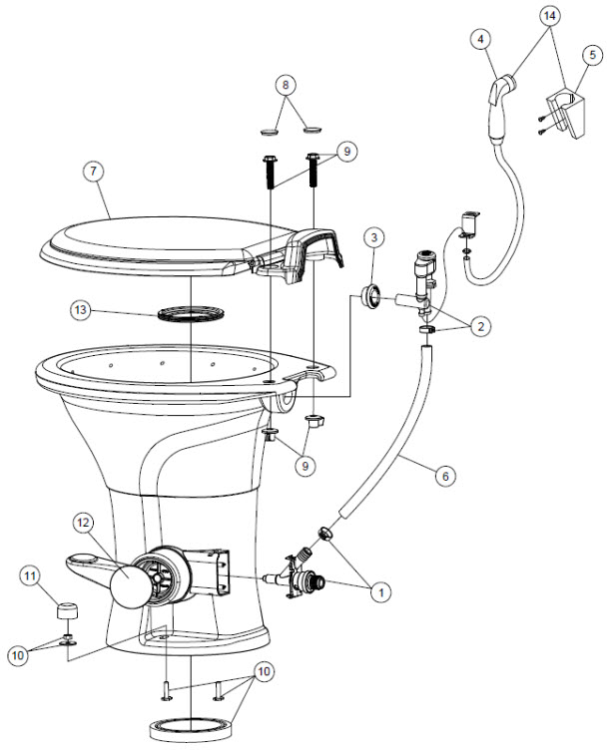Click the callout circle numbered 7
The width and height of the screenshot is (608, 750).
point(94,172)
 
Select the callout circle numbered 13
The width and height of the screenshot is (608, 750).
point(81,310)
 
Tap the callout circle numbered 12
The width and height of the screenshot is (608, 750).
point(83,523)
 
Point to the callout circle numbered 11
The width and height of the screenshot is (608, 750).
point(31,575)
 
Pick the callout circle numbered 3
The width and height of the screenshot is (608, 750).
point(374,237)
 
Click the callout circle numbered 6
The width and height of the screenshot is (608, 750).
point(445,477)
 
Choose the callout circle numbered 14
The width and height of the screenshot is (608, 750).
point(550,16)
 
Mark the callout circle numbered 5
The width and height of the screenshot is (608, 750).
point(593,55)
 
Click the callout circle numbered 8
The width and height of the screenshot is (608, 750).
point(286,86)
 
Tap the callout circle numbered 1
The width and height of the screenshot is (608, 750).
point(381,593)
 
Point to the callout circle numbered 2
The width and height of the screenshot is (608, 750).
point(480,327)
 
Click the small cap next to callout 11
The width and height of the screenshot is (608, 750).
point(68,610)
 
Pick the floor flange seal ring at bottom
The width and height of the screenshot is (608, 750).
point(191,728)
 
